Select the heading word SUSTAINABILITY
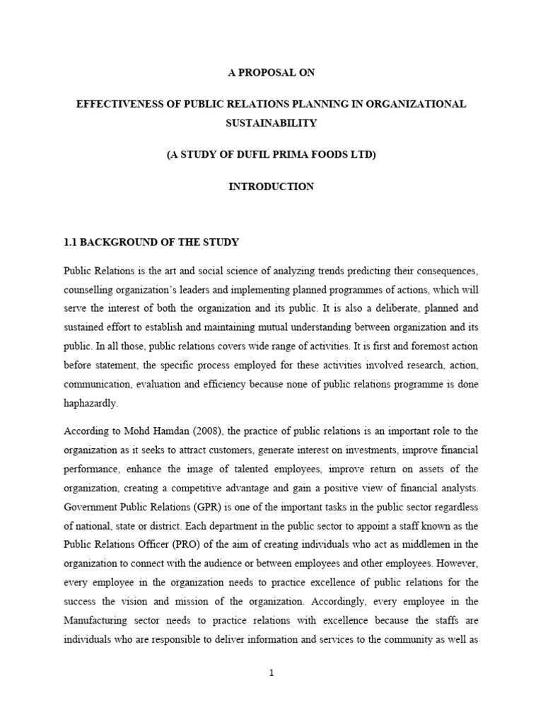pos(271,122)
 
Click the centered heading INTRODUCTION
pos(271,187)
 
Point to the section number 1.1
pos(71,242)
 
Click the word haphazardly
pos(91,404)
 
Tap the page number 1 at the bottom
pos(271,672)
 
